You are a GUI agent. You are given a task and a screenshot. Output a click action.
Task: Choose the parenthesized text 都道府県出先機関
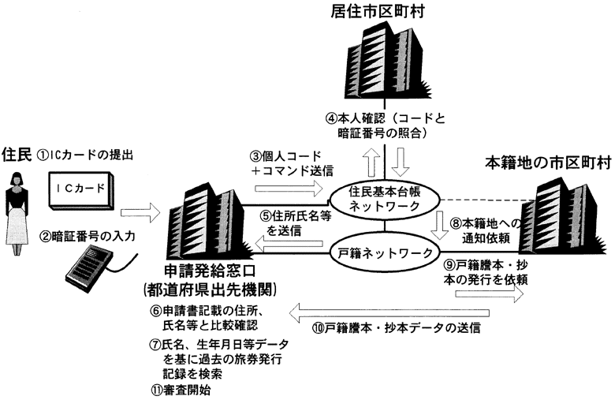209,287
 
